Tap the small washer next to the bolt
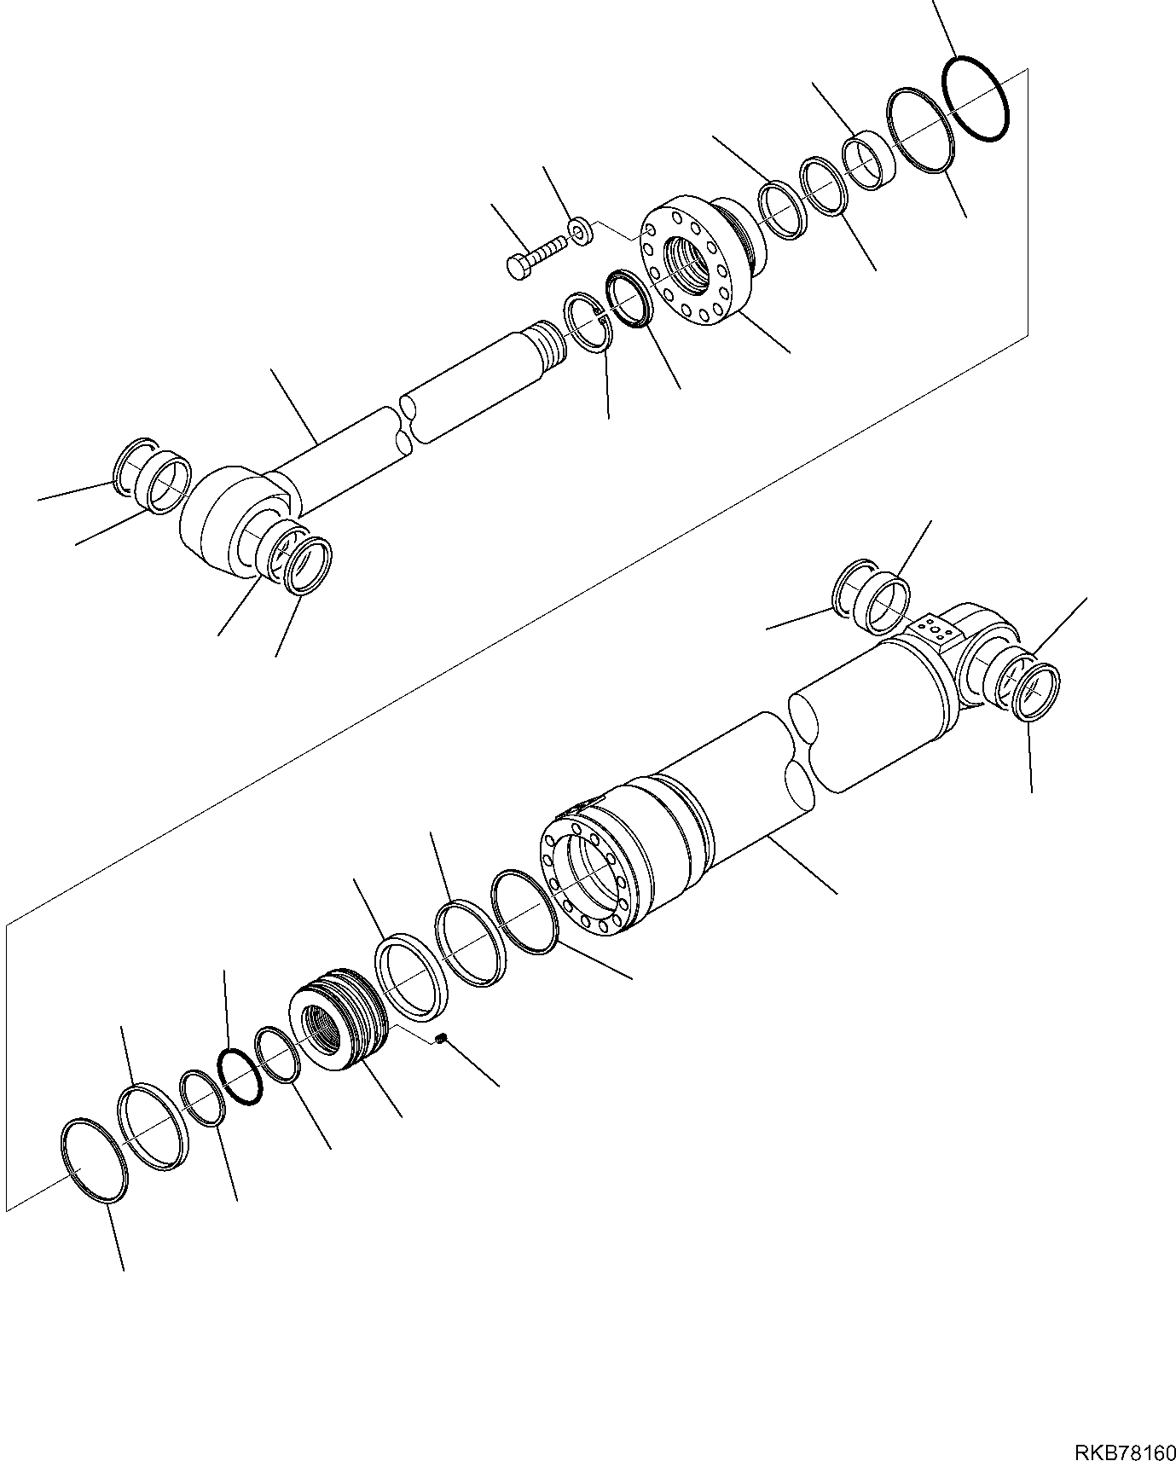[581, 231]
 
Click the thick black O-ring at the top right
[976, 99]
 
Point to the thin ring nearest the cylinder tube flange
[524, 912]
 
